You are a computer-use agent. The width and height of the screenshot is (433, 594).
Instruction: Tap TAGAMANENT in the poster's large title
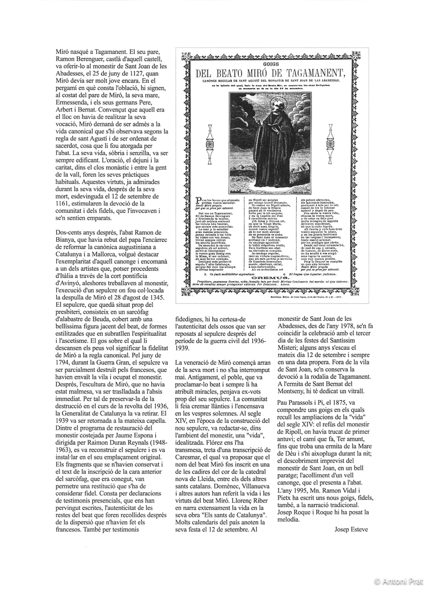tap(313, 72)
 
